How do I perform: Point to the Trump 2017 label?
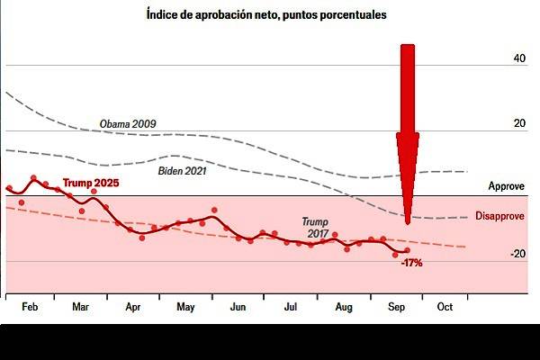pyautogui.click(x=315, y=227)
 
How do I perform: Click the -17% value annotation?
pyautogui.click(x=412, y=264)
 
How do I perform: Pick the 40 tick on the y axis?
pyautogui.click(x=519, y=59)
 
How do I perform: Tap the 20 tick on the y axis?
pyautogui.click(x=519, y=124)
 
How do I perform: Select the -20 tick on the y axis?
pyautogui.click(x=517, y=255)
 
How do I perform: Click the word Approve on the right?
pyautogui.click(x=506, y=186)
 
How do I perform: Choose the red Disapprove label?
pyautogui.click(x=501, y=217)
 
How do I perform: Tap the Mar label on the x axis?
pyautogui.click(x=80, y=307)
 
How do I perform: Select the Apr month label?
pyautogui.click(x=132, y=307)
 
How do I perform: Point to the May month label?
pyautogui.click(x=185, y=307)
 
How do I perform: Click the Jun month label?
pyautogui.click(x=238, y=307)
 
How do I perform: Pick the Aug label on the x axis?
pyautogui.click(x=343, y=307)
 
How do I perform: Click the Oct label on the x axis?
pyautogui.click(x=444, y=307)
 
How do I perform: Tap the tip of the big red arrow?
pyautogui.click(x=408, y=223)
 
